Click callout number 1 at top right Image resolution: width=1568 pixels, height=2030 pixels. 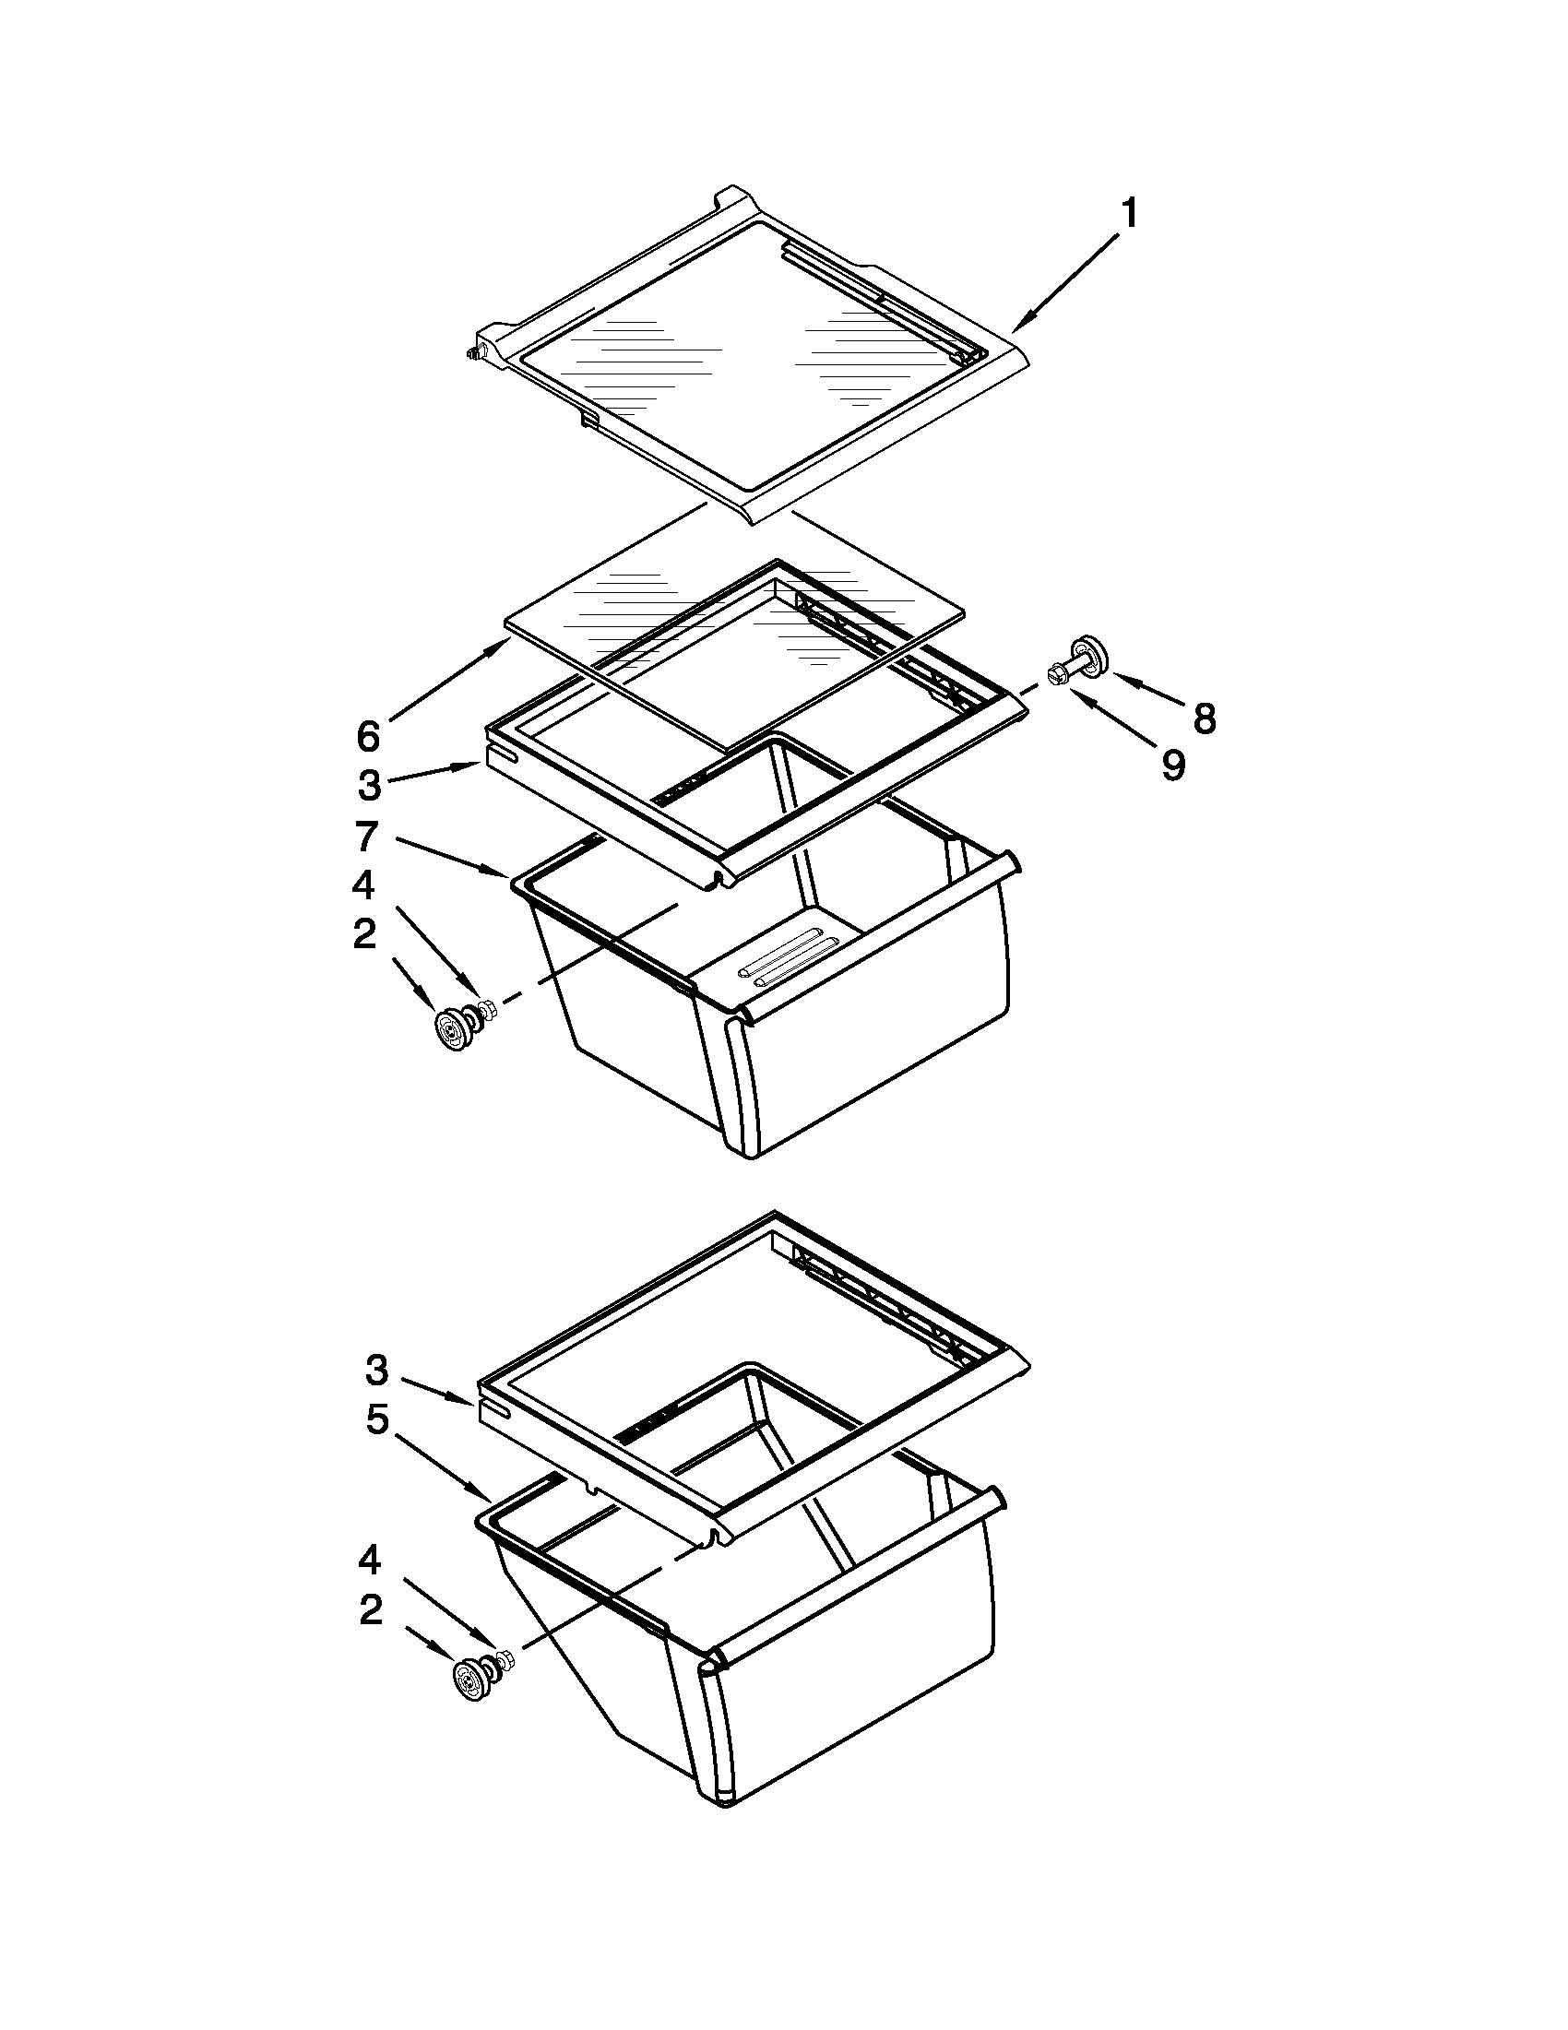point(1128,214)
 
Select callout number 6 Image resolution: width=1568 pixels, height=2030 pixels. point(368,736)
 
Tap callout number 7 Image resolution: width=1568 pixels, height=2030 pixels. point(366,837)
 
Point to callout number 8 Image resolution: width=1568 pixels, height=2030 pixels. point(1204,718)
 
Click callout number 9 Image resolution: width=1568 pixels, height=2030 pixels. point(1173,764)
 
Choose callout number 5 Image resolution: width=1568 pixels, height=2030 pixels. point(376,1419)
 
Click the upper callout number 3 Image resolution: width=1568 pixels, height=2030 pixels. point(370,786)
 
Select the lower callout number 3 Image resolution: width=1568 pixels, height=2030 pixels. point(376,1369)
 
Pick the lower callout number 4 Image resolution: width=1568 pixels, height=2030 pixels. point(370,1559)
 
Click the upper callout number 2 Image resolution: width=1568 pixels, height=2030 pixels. point(364,934)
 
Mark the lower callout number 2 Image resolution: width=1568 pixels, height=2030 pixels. point(370,1609)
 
